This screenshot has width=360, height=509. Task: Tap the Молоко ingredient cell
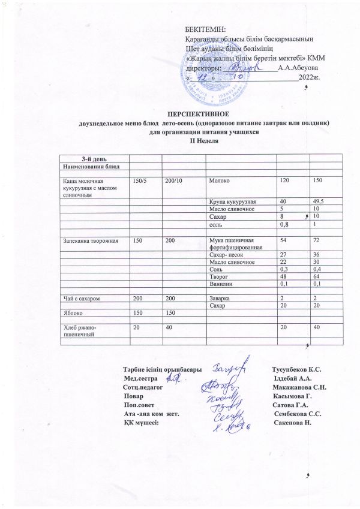coord(218,180)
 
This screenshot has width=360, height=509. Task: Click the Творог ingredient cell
coord(218,276)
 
